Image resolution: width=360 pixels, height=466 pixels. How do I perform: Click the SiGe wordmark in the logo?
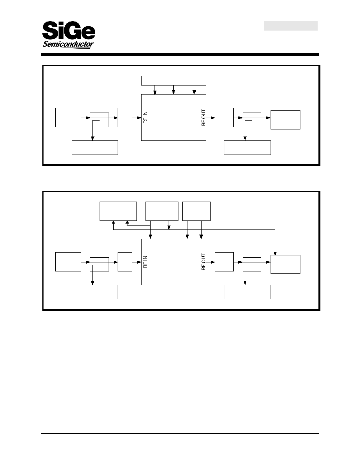click(x=69, y=30)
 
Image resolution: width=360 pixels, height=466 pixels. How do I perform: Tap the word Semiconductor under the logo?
click(x=68, y=45)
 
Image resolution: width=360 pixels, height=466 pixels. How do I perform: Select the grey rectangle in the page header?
click(x=291, y=25)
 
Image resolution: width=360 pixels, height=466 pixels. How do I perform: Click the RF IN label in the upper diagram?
click(x=145, y=117)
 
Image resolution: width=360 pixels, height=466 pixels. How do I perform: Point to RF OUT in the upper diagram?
click(x=204, y=117)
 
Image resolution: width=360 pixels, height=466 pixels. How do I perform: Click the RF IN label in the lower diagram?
click(x=145, y=262)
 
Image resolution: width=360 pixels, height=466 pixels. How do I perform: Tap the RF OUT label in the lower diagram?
click(x=204, y=262)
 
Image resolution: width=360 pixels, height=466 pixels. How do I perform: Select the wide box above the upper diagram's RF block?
click(x=173, y=80)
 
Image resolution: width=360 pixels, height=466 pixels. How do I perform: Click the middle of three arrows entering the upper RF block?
click(x=173, y=90)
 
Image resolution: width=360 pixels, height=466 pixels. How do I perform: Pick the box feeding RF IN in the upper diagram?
click(x=125, y=117)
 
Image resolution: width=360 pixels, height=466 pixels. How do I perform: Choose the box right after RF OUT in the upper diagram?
click(x=224, y=117)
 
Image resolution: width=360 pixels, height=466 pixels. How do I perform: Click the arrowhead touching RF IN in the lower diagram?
click(x=139, y=262)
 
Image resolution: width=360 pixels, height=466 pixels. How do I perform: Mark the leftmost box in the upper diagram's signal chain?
click(x=68, y=117)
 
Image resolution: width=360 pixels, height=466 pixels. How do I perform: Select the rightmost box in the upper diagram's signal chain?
click(x=285, y=120)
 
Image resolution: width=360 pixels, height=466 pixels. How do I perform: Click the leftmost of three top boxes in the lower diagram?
click(x=118, y=211)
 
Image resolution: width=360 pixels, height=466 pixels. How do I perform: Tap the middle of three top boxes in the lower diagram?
click(x=162, y=211)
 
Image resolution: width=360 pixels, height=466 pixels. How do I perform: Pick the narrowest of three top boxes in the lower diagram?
click(x=196, y=211)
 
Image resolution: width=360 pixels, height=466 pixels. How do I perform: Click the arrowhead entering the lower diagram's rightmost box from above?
click(x=275, y=253)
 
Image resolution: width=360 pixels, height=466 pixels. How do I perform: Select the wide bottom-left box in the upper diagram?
click(x=95, y=148)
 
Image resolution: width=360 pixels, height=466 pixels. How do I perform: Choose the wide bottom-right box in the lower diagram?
click(x=247, y=292)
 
